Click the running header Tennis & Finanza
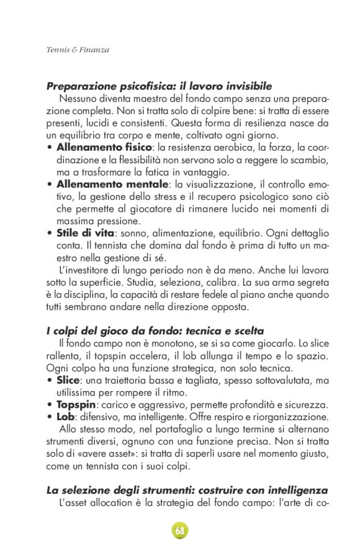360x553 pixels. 78,49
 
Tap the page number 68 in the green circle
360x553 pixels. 180,531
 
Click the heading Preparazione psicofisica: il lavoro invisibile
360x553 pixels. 159,87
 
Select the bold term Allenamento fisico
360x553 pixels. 104,147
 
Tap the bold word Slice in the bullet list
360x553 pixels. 68,379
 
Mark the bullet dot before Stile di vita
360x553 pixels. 50,233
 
